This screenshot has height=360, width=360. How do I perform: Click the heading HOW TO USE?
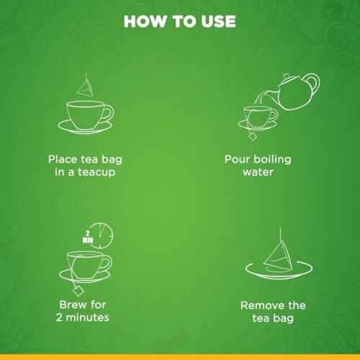[x=179, y=22]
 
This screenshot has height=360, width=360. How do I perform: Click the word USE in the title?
[x=216, y=22]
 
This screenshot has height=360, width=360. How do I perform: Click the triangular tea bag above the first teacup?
[x=87, y=86]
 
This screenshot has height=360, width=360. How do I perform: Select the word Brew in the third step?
[x=72, y=303]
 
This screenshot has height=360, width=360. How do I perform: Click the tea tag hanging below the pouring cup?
[x=253, y=135]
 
